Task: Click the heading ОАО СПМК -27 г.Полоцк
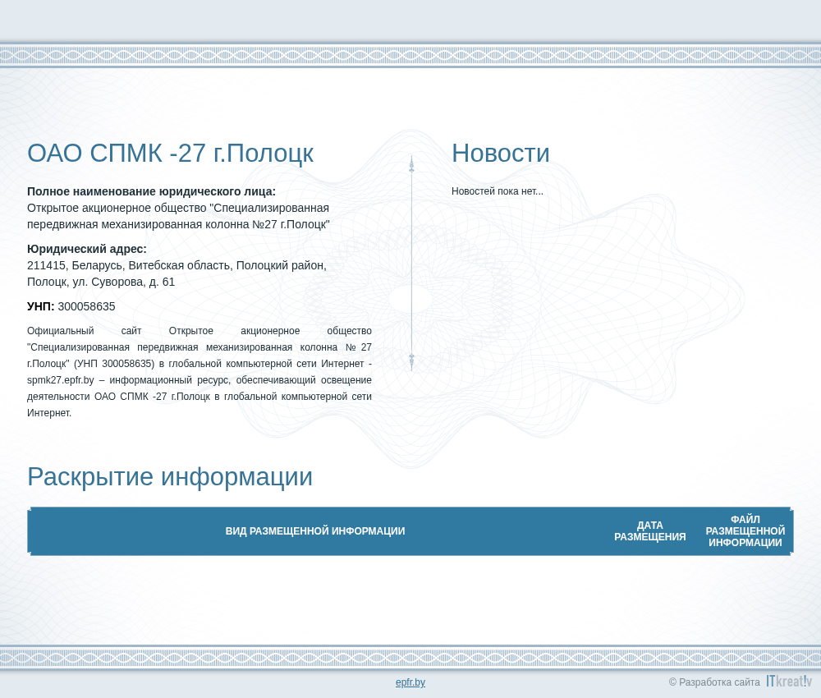[170, 154]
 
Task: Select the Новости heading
[501, 154]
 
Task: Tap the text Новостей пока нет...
[498, 191]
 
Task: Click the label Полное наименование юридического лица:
[151, 191]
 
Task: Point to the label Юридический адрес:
[87, 250]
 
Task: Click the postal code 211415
[48, 266]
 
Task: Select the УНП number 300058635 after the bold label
[86, 306]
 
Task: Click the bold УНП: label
[41, 306]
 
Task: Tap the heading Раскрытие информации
[170, 477]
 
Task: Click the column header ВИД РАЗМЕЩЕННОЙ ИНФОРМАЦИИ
[315, 531]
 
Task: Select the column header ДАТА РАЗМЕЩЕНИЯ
[649, 531]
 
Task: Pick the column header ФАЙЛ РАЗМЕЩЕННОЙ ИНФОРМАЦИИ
[745, 531]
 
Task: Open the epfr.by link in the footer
[410, 682]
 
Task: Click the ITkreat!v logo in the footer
[789, 681]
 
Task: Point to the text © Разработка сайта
[714, 682]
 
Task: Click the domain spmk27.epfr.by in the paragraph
[61, 380]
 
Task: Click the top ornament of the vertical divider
[411, 164]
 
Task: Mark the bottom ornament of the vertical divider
[411, 362]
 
